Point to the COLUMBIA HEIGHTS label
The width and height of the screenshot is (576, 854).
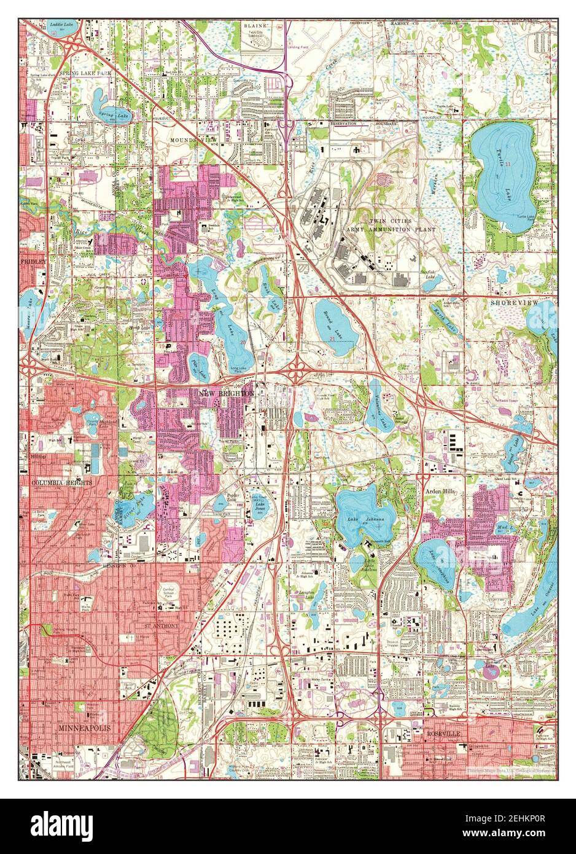pos(62,484)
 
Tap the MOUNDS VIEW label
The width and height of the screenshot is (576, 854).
pos(193,140)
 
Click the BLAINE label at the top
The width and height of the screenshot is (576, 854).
pos(254,10)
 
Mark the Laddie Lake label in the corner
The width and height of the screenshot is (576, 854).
pos(58,9)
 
